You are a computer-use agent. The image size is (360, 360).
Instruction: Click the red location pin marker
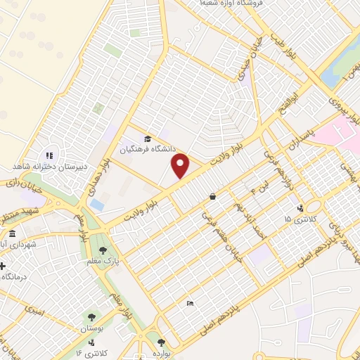(x=181, y=167)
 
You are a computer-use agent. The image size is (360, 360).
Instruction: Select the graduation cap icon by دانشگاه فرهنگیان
(x=147, y=139)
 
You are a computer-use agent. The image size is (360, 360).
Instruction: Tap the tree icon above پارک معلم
(x=103, y=250)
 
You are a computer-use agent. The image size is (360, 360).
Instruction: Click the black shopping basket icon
(x=212, y=197)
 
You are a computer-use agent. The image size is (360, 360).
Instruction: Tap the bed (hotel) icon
(x=190, y=304)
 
